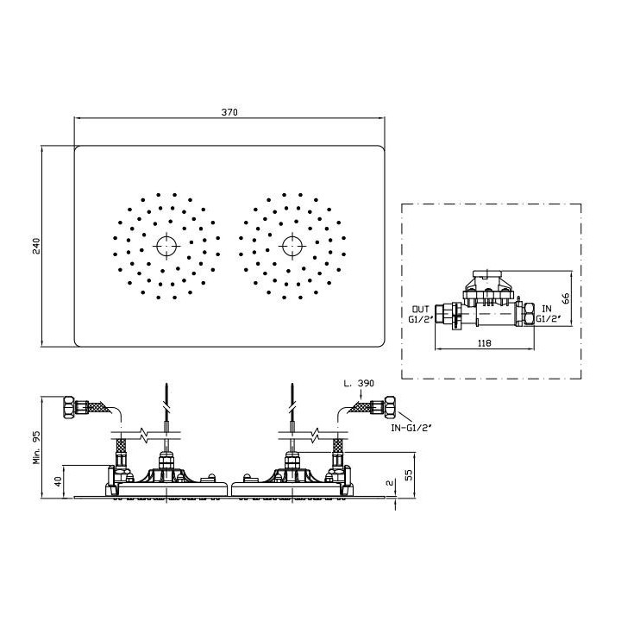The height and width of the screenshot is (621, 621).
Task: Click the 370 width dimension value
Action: (229, 112)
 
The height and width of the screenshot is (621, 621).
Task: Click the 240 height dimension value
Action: (36, 246)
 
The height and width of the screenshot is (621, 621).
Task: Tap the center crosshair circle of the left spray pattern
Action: (166, 246)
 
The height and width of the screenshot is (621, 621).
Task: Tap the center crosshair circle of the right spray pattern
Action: (292, 246)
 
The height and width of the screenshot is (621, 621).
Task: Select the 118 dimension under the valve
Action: (484, 343)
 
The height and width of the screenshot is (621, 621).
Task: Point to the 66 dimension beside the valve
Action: (566, 298)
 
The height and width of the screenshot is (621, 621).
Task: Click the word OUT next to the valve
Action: (421, 309)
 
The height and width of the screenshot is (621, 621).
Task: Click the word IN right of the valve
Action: (547, 309)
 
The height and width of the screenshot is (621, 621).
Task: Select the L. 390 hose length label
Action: (359, 383)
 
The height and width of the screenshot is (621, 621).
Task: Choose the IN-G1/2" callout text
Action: (411, 428)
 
